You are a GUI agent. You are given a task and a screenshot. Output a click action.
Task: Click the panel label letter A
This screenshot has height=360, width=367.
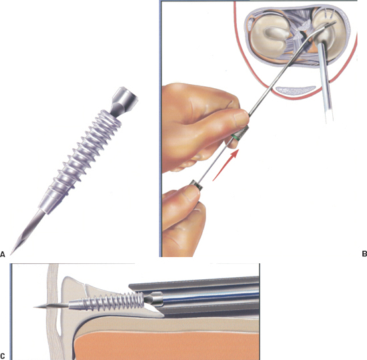coord(3,254)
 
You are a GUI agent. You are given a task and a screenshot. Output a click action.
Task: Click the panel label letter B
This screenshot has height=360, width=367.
coord(364,254)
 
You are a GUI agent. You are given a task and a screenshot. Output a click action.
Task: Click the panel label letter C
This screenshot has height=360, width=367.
coord(3,356)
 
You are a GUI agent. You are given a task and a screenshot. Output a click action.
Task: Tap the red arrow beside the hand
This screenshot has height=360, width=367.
coord(226,165)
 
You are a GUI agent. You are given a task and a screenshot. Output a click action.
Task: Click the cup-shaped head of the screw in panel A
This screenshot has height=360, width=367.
coord(124,98)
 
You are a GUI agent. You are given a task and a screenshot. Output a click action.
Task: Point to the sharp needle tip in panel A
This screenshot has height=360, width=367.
coord(11,254)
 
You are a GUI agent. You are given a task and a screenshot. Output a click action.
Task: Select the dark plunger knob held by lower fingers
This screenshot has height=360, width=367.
coord(197,184)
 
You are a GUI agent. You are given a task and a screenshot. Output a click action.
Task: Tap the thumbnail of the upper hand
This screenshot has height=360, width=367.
coord(242,117)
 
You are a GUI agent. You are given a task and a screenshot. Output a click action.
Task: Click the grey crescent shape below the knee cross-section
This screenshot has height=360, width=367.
coord(296,89)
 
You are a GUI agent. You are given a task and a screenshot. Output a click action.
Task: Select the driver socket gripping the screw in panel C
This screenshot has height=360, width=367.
coord(153,299)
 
